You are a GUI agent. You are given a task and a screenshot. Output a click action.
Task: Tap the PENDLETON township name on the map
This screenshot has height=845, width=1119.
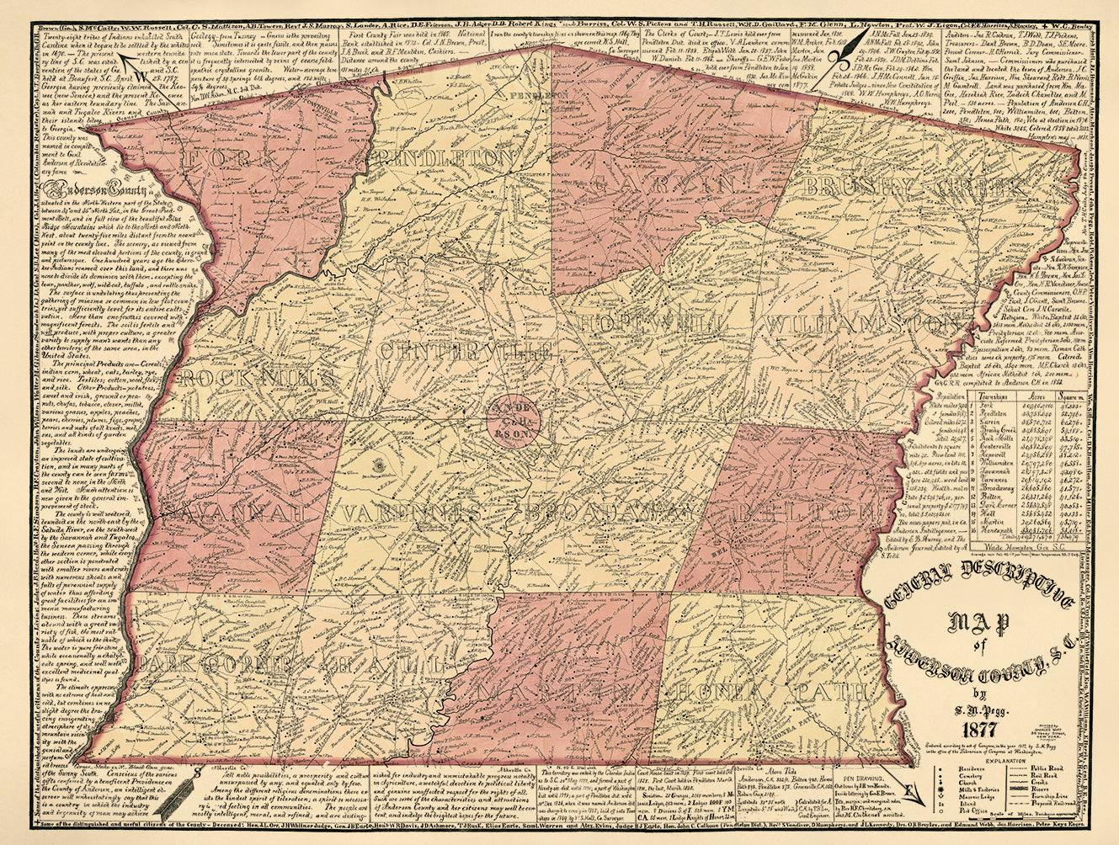coord(447,158)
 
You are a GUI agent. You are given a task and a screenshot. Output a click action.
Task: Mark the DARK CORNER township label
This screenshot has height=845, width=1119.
coord(206,664)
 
